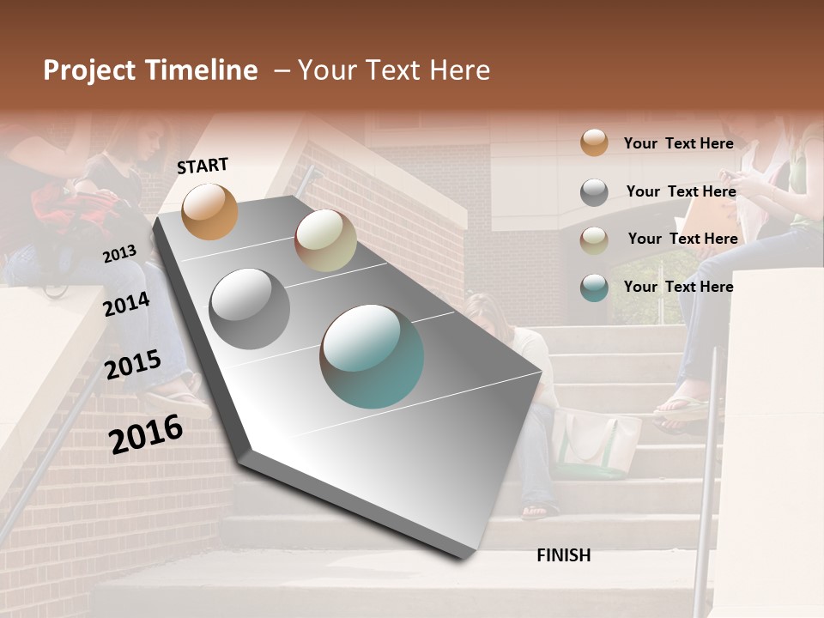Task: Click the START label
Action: [203, 166]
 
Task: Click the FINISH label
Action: [563, 555]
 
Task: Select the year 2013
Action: [119, 254]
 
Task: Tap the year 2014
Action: [126, 304]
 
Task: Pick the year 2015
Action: [132, 366]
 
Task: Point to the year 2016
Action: [146, 434]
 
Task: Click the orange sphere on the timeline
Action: [209, 211]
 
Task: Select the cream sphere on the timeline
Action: [325, 240]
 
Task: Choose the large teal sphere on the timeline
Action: [372, 356]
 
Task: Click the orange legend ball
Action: [594, 142]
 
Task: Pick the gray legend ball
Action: [594, 191]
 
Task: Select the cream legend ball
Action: [594, 239]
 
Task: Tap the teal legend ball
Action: [594, 288]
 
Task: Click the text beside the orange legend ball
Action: [678, 143]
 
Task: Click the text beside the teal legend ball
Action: [678, 287]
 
